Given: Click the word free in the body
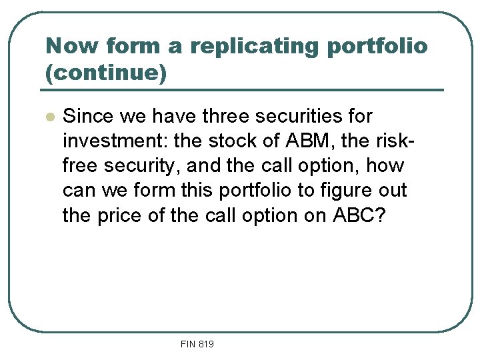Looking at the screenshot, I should point(80,166).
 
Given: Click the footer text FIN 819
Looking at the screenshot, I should point(197,344).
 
